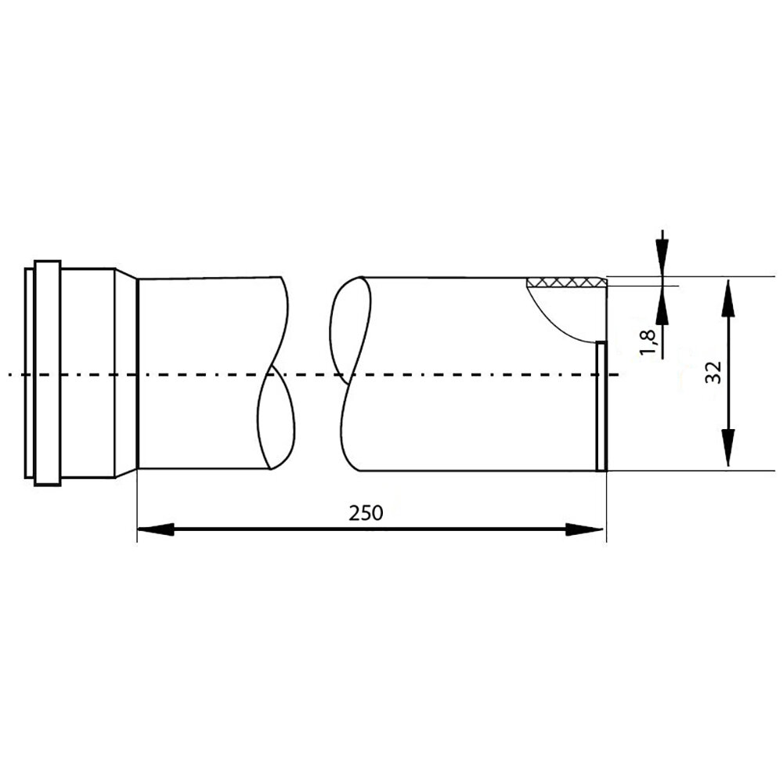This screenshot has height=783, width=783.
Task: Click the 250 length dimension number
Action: [366, 513]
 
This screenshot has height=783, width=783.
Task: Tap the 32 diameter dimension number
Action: [713, 372]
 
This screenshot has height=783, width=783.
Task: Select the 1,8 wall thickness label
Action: [648, 342]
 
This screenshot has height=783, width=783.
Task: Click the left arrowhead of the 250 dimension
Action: [155, 529]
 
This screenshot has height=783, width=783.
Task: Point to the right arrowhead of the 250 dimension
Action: [585, 529]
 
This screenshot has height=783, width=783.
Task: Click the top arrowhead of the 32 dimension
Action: [728, 298]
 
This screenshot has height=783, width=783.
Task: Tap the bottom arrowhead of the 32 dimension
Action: [728, 447]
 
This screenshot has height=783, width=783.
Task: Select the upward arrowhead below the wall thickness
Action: [662, 305]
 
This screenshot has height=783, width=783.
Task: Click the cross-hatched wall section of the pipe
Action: [567, 282]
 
